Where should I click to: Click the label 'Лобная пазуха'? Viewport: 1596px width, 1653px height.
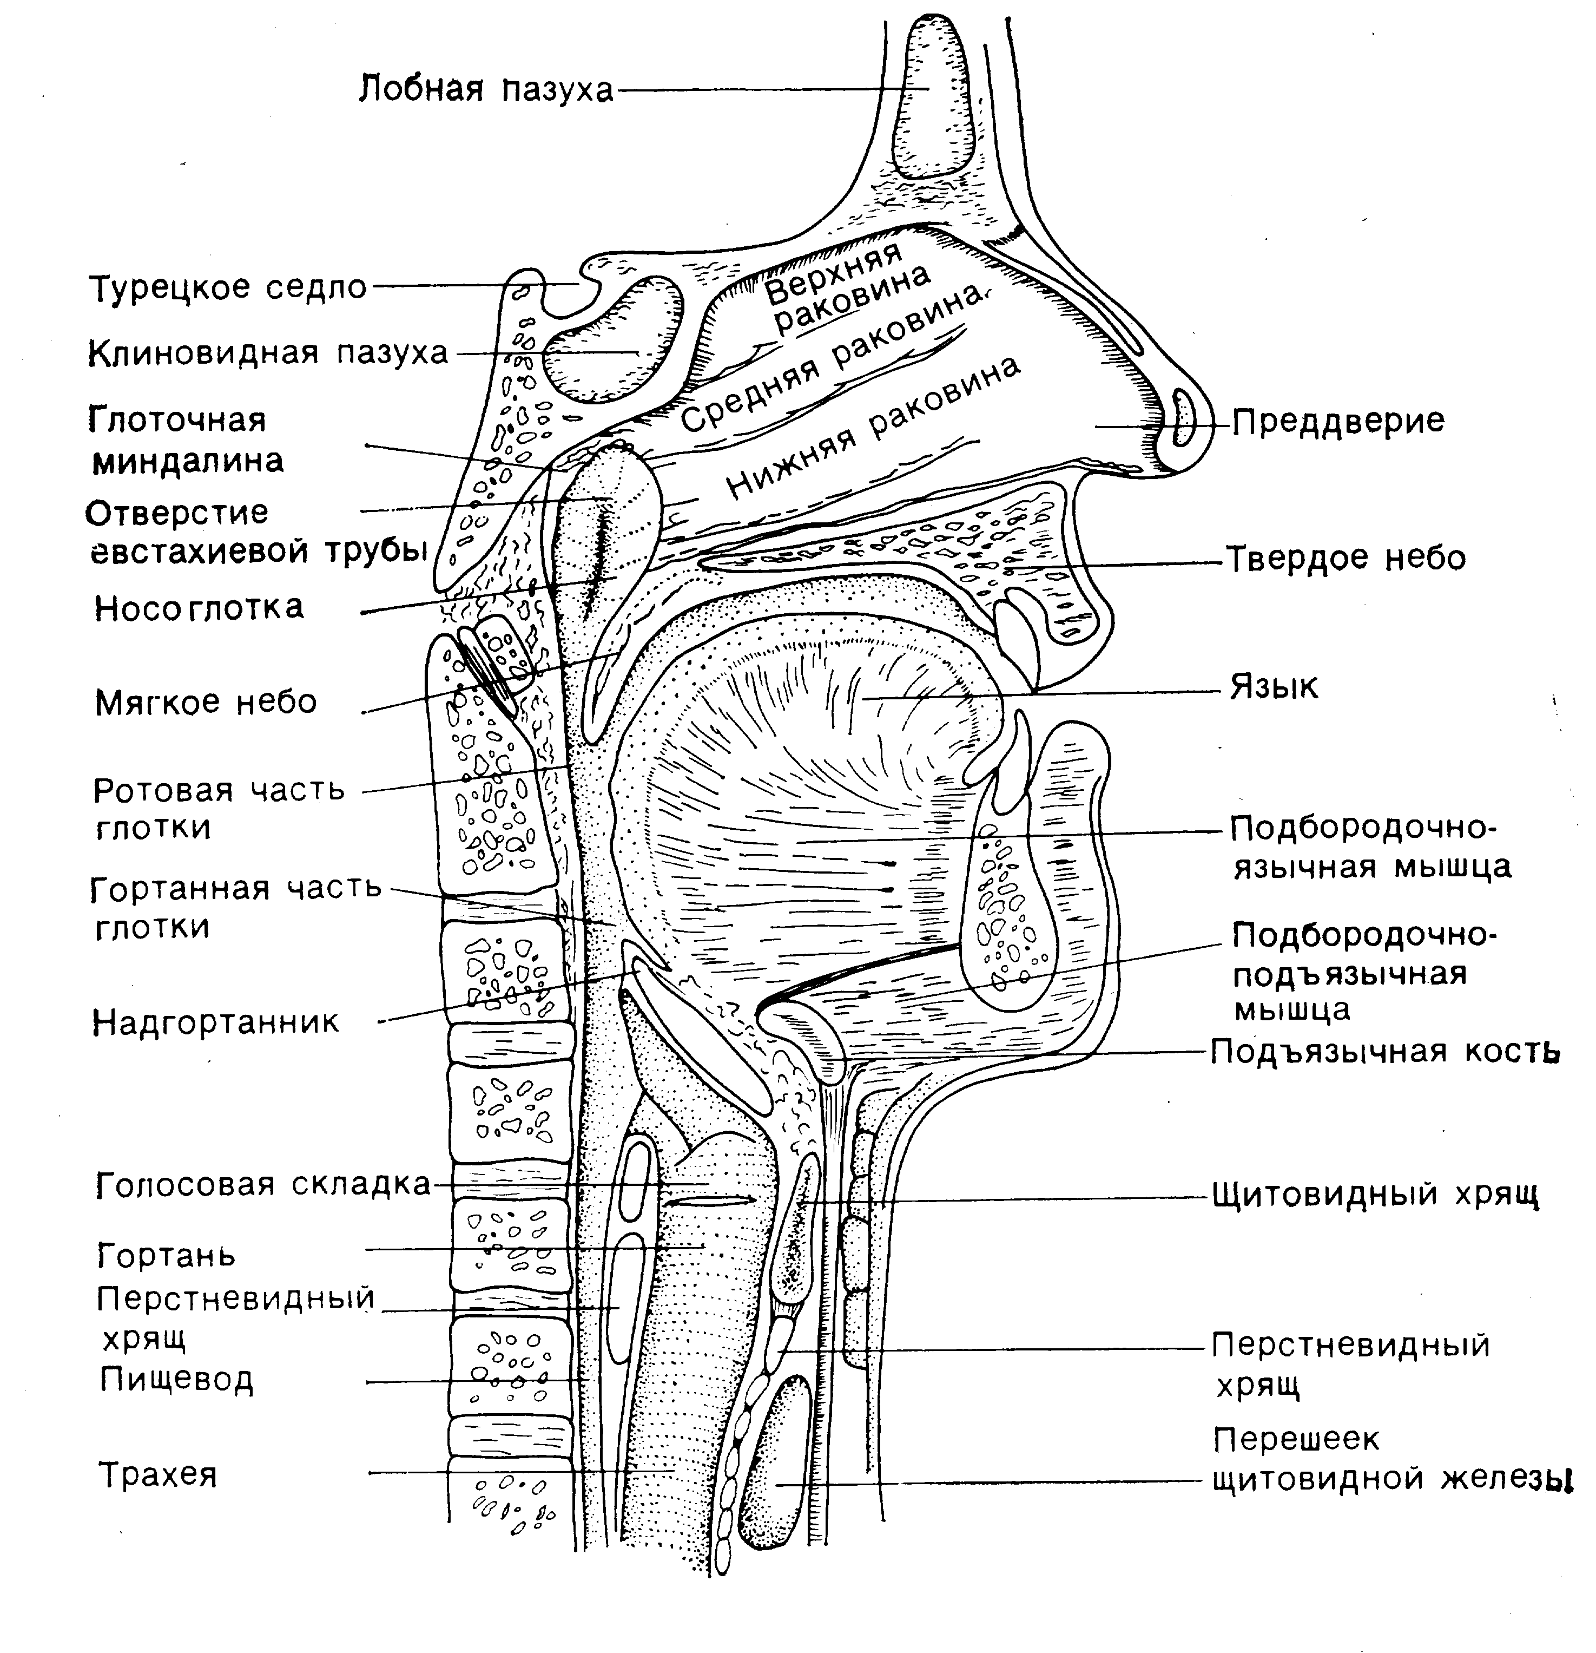point(486,89)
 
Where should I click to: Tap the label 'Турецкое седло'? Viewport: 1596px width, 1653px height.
point(228,287)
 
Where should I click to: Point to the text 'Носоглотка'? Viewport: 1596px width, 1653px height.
point(199,607)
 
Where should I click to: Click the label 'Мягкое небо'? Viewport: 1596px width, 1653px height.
point(206,701)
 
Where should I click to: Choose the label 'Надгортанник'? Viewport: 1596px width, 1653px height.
point(216,1022)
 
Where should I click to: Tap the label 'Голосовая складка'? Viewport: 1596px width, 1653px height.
point(263,1185)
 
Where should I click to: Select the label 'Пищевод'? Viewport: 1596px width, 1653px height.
point(176,1379)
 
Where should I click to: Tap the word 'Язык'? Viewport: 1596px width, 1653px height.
point(1274,687)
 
